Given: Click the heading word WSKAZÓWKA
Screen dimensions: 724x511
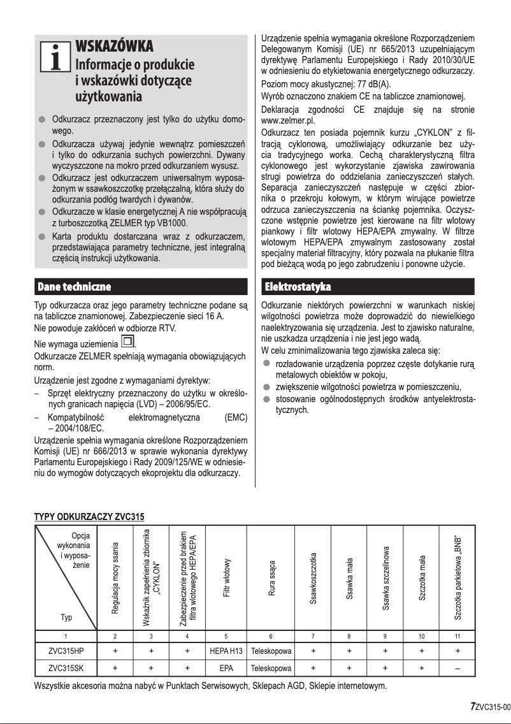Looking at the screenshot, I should point(114,47).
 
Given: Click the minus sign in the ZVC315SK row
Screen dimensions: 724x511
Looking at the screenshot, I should point(457,669).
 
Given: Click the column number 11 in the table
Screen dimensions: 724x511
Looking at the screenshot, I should point(457,637).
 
